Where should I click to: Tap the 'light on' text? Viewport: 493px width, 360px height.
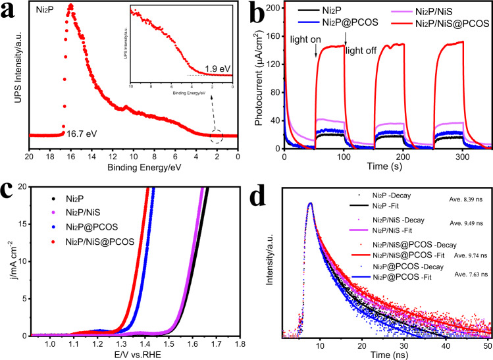click(x=305, y=41)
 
